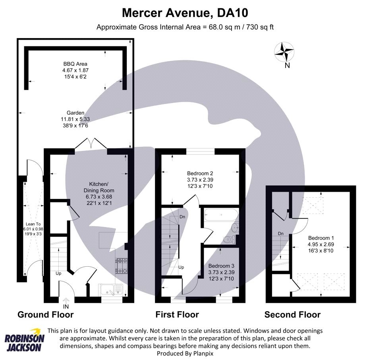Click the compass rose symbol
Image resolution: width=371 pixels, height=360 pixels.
pyautogui.click(x=284, y=52)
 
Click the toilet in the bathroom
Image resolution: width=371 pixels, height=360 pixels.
pyautogui.click(x=230, y=239)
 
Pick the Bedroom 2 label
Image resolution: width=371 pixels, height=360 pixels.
pyautogui.click(x=201, y=180)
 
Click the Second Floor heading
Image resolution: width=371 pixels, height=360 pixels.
pyautogui.click(x=293, y=315)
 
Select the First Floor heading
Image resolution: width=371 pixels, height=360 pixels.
pyautogui.click(x=177, y=315)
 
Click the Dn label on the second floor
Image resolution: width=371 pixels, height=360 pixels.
pyautogui.click(x=280, y=233)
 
